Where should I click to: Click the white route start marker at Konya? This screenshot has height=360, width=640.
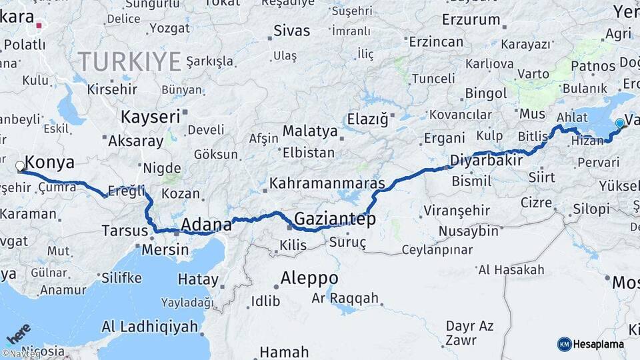(20, 166)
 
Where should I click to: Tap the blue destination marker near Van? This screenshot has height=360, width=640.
(620, 123)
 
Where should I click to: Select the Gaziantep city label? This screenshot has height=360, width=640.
(335, 219)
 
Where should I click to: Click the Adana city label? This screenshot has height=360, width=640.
(207, 224)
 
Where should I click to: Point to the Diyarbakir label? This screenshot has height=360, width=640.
(485, 161)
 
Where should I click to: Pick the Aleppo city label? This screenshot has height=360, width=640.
(309, 277)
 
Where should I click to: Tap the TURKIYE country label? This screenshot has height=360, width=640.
(129, 62)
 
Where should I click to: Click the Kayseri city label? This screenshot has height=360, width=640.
(151, 117)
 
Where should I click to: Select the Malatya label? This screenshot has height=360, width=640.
(310, 131)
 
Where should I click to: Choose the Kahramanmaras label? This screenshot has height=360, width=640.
(327, 183)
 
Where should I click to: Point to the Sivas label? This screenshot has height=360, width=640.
(291, 31)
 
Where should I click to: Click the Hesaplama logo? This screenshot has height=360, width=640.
(591, 344)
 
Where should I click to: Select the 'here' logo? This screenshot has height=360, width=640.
(19, 333)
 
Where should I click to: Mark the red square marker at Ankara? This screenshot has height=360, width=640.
(39, 26)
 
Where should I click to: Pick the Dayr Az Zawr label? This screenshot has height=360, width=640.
(470, 333)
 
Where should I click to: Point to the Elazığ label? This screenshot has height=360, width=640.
(367, 119)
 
